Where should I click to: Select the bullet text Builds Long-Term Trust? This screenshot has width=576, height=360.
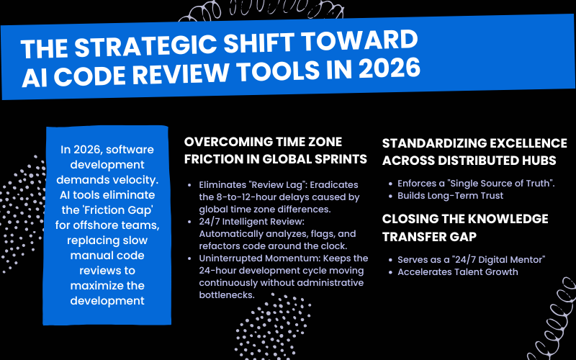coord(451,195)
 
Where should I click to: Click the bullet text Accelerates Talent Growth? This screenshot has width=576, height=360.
coord(458,272)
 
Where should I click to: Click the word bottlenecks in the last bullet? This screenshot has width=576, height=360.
coord(227,295)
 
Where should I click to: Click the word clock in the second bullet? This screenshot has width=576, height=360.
coord(335,246)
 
